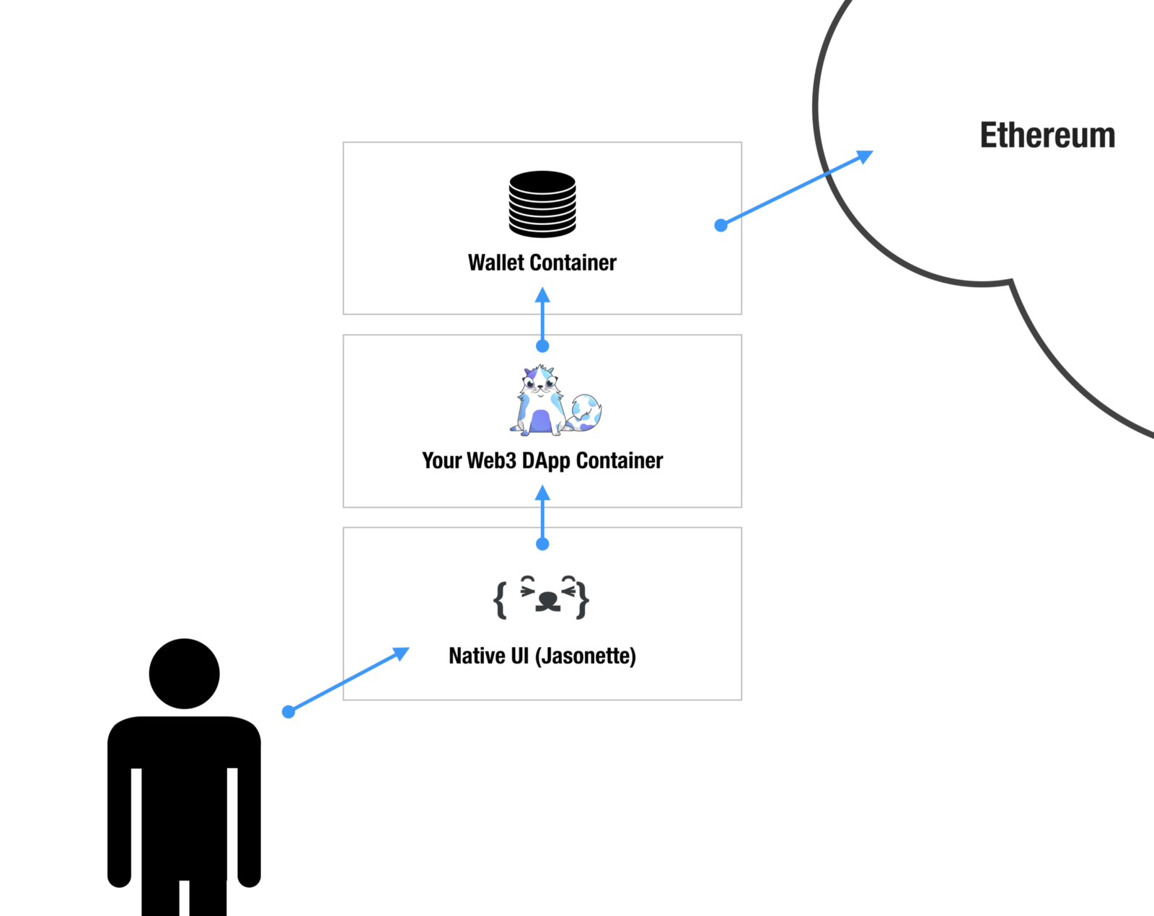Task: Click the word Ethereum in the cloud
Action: click(x=1047, y=136)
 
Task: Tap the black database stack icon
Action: click(x=542, y=204)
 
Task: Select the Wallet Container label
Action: click(x=542, y=263)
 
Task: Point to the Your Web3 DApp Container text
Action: click(x=542, y=461)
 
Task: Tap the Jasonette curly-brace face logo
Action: click(x=542, y=598)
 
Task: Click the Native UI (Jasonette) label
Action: click(x=542, y=656)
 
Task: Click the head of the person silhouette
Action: click(x=184, y=674)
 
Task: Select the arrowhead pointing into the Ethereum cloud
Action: click(x=863, y=157)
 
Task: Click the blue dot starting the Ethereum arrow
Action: click(x=721, y=226)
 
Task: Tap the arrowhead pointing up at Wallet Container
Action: click(x=543, y=296)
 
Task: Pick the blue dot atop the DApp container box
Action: click(x=543, y=346)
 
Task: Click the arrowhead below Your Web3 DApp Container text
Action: click(x=543, y=493)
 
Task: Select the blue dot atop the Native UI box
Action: click(x=543, y=544)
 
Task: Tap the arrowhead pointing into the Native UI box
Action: click(x=400, y=653)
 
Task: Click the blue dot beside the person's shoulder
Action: click(x=288, y=712)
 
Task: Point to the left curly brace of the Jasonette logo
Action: click(x=500, y=599)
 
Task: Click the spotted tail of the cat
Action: click(x=586, y=413)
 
